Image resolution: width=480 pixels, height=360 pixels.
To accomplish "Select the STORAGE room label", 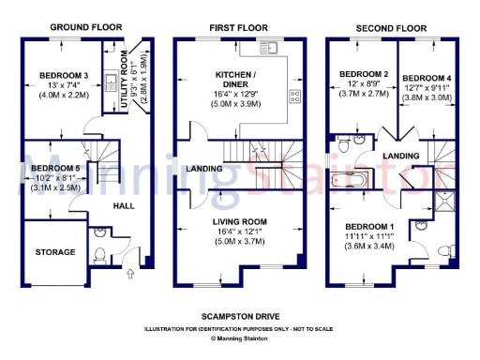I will click(x=56, y=252).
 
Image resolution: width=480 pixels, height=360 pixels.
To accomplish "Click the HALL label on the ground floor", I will click(x=124, y=204).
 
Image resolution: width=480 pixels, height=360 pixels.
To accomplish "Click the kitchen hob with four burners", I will click(x=294, y=95).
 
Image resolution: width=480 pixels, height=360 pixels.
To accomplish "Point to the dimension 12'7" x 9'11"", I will click(x=421, y=89).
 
